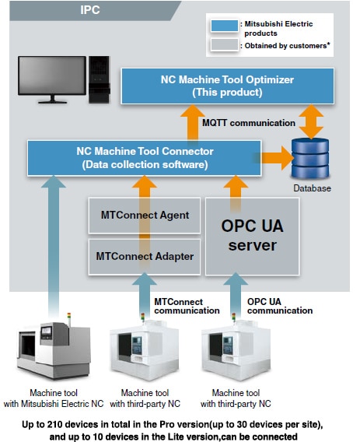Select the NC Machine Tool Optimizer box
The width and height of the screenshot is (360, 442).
227,86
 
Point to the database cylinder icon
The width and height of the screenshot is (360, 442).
311,159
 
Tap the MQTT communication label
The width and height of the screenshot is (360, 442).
249,123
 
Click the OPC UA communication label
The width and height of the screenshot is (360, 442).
278,304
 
